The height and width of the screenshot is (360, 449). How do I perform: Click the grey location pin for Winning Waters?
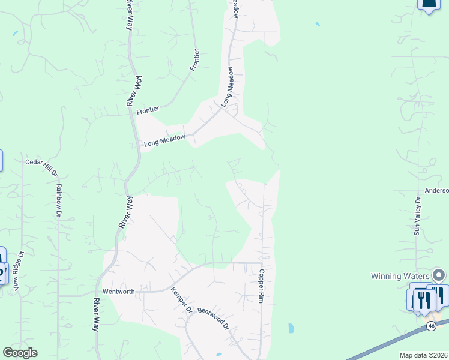[x=439, y=275]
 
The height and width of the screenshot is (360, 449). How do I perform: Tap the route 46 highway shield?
[x=432, y=325]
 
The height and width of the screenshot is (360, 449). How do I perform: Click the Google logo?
[x=20, y=353]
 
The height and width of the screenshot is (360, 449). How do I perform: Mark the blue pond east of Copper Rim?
[x=291, y=328]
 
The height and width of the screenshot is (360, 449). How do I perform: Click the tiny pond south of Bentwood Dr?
[x=219, y=355]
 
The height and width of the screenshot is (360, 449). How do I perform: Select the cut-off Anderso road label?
[x=436, y=191]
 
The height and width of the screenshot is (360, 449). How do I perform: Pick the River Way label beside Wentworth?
[x=95, y=315]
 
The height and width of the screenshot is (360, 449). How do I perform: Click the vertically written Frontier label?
[x=194, y=60]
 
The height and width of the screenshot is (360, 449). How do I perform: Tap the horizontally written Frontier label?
[x=148, y=110]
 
